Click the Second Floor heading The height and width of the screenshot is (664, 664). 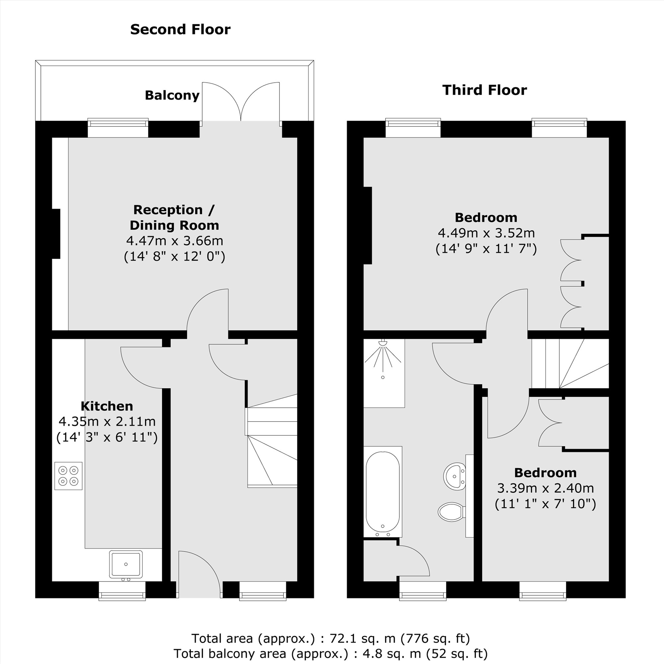[x=180, y=30]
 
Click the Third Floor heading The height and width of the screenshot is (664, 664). [x=484, y=90]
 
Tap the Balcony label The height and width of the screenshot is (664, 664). [x=172, y=96]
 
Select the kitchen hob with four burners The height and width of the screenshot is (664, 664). [x=68, y=476]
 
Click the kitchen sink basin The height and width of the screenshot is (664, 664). [x=125, y=564]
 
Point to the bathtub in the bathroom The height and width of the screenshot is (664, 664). [x=382, y=491]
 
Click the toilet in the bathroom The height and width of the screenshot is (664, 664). [x=451, y=512]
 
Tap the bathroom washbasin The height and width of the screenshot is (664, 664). [x=455, y=476]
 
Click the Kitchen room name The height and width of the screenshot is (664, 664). [x=107, y=406]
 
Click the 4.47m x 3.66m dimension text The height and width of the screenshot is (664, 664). [x=175, y=241]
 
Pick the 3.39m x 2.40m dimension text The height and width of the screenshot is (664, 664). [x=545, y=488]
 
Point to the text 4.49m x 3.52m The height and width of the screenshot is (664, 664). [x=486, y=233]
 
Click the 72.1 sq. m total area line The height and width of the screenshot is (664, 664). [x=330, y=638]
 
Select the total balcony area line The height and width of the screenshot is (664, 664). [x=330, y=653]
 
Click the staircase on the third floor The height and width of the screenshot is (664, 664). [x=570, y=364]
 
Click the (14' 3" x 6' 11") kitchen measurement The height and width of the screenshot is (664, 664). [x=107, y=438]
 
